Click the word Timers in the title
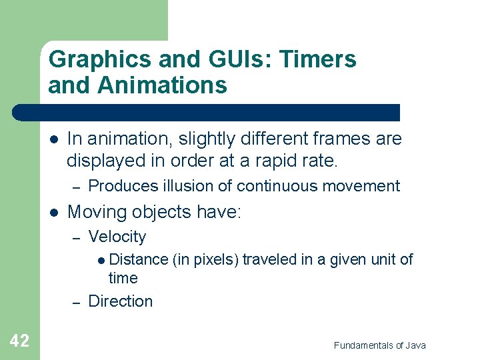pos(319,60)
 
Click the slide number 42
pos(19,341)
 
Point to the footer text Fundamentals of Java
pos(379,345)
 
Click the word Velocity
pos(117,237)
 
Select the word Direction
pos(120,301)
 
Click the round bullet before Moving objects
pos(53,212)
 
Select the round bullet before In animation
pos(53,139)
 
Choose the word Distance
pos(138,259)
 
